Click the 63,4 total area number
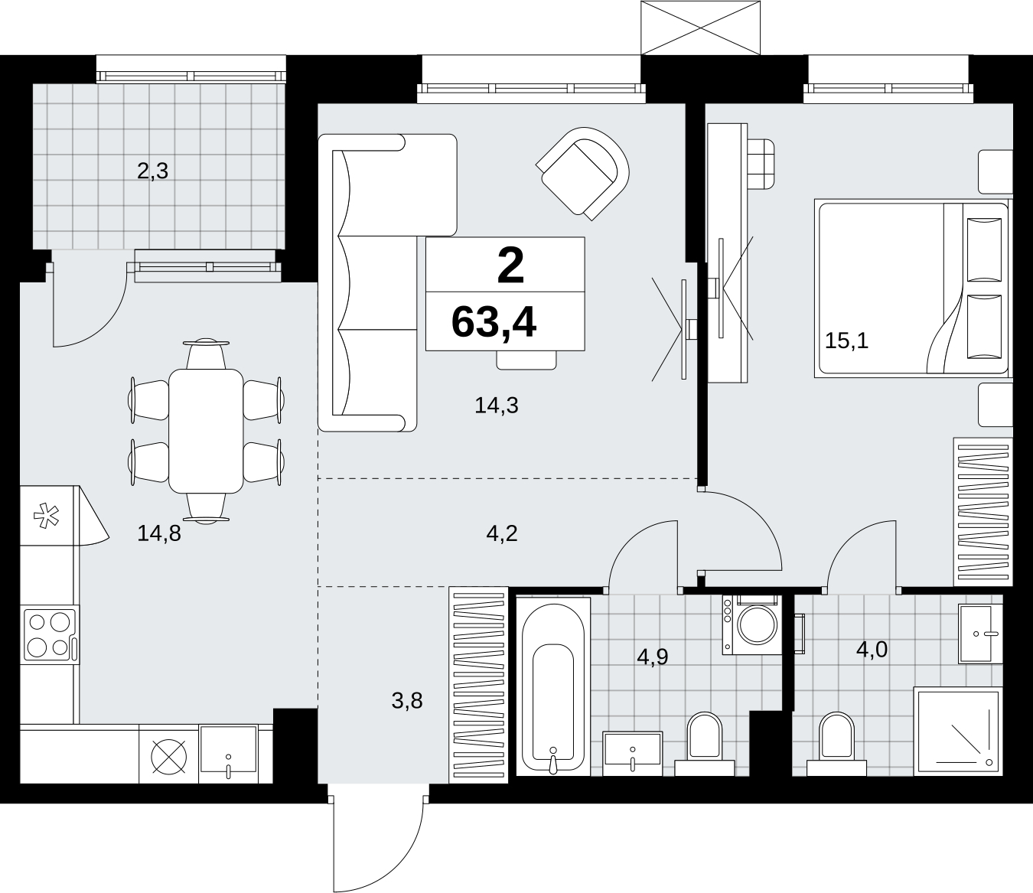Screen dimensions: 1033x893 pyautogui.click(x=494, y=324)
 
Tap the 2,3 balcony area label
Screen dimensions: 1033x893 pyautogui.click(x=152, y=171)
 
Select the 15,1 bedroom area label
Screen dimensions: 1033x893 pyautogui.click(x=846, y=341)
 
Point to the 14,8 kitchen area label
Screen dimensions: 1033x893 pyautogui.click(x=159, y=533)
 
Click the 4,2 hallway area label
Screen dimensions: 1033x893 pyautogui.click(x=502, y=533)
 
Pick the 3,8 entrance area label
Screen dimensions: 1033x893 pyautogui.click(x=407, y=701)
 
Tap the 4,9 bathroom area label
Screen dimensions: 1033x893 pyautogui.click(x=652, y=657)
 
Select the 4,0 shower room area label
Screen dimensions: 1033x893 pyautogui.click(x=872, y=650)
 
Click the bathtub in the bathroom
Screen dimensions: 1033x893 pyautogui.click(x=553, y=686)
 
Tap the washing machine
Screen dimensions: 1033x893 pyautogui.click(x=751, y=624)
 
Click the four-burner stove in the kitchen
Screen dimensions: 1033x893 pyautogui.click(x=50, y=634)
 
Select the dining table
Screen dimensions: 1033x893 pyautogui.click(x=206, y=432)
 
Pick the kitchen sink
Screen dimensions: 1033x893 pyautogui.click(x=228, y=754)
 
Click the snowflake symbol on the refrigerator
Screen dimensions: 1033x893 pyautogui.click(x=46, y=517)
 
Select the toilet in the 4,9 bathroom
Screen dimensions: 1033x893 pyautogui.click(x=705, y=745)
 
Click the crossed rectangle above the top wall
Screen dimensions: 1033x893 pyautogui.click(x=700, y=28)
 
